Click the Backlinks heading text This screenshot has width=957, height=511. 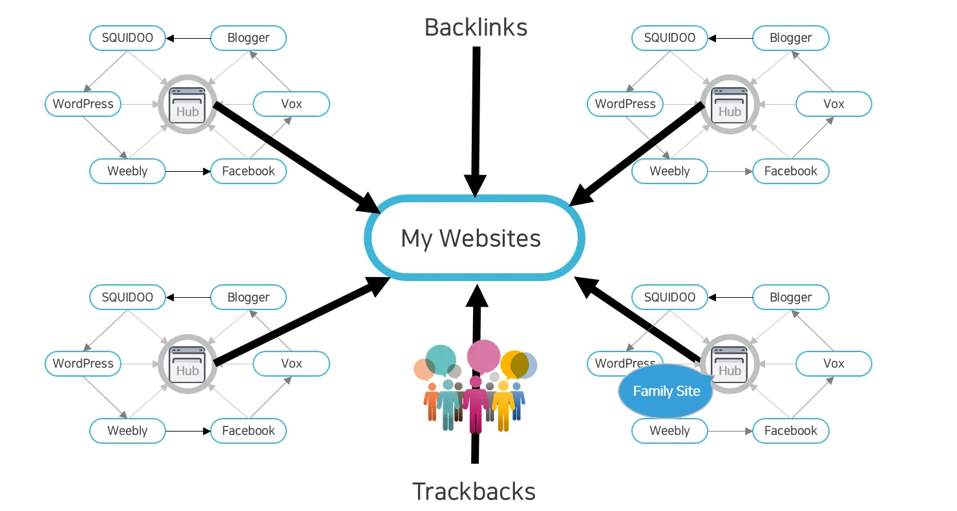point(476,28)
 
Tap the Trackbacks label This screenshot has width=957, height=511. point(474,492)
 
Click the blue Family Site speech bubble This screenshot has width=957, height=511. point(666,391)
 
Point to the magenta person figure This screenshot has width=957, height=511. point(476,404)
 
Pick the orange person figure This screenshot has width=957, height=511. point(431,404)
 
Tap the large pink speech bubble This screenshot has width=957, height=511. point(483,355)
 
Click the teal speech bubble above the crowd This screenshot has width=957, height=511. point(441,360)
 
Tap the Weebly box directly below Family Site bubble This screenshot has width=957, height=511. point(669,431)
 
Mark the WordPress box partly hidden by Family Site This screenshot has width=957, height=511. point(617,362)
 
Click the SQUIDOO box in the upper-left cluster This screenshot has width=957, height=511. point(127,38)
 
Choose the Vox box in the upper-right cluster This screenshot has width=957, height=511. point(834,104)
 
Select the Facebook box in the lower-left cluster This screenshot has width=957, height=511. point(248,431)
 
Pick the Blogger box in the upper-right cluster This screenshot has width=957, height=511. point(790,38)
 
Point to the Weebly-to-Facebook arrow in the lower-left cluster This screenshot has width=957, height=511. point(188,431)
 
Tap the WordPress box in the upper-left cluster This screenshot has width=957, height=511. point(83,104)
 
